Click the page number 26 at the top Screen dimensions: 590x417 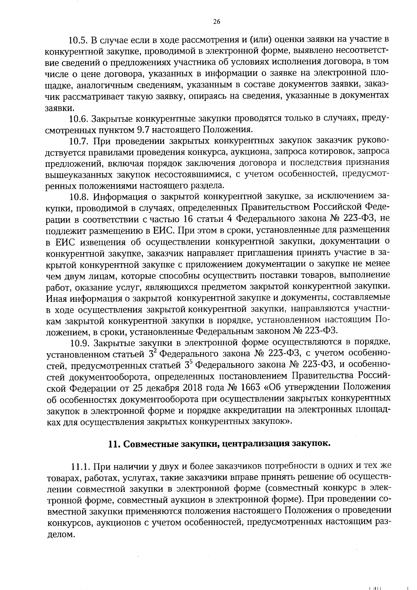216,22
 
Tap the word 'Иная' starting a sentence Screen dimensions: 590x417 57,298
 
